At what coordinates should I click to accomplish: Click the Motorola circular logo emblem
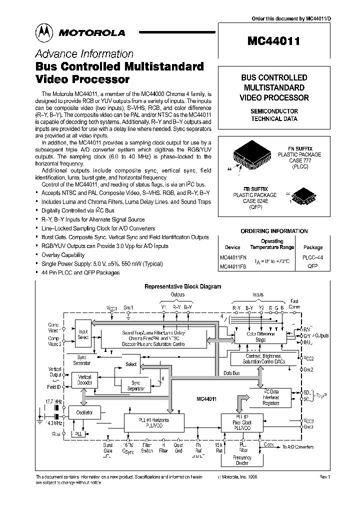[x=43, y=32]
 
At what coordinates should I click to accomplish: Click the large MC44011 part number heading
[x=274, y=42]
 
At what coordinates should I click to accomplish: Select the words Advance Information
[x=84, y=54]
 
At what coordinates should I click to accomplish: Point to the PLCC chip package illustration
[x=252, y=157]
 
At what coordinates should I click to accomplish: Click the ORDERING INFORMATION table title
[x=274, y=231]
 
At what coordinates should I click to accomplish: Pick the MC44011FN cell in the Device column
[x=233, y=258]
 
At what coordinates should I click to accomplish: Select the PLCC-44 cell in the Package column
[x=313, y=258]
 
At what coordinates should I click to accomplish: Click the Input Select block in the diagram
[x=83, y=334]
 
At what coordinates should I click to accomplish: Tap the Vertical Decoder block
[x=85, y=378]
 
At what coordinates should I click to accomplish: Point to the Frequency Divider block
[x=242, y=460]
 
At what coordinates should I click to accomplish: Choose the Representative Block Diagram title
[x=182, y=286]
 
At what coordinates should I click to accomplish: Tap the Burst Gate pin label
[x=108, y=447]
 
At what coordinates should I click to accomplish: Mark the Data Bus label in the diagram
[x=231, y=372]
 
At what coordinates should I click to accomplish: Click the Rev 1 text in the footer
[x=324, y=477]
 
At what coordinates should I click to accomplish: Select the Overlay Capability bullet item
[x=69, y=254]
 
